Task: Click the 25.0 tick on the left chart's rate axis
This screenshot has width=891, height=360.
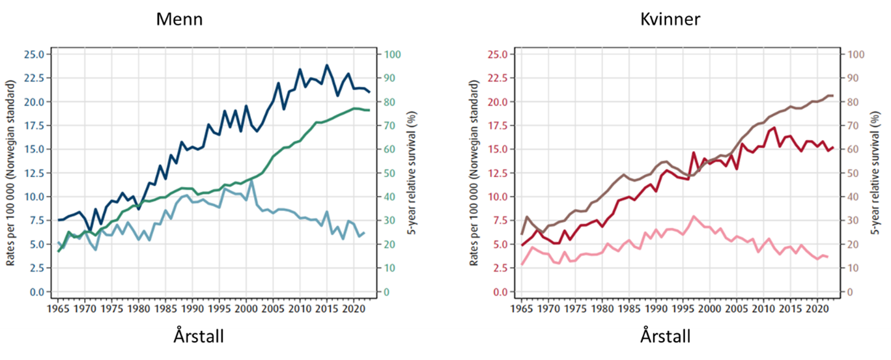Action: coord(33,54)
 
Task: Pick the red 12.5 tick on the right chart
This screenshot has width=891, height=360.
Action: coord(496,173)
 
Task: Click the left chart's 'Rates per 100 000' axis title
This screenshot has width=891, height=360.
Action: coord(11,173)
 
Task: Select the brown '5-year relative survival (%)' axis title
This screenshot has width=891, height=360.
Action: coord(876,173)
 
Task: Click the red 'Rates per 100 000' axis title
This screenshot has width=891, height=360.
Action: coord(474,173)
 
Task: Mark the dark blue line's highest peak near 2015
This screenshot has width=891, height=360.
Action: coord(327,65)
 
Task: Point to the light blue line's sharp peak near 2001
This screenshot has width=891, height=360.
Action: coord(251,180)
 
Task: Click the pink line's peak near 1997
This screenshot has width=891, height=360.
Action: coord(694,216)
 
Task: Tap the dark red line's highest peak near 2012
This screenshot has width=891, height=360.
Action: coord(774,128)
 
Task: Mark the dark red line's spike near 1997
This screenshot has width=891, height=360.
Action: coord(694,152)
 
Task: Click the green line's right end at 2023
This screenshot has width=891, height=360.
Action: coord(369,110)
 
